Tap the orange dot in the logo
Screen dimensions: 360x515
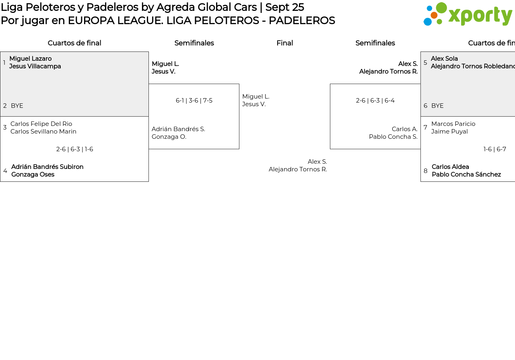click(x=434, y=15)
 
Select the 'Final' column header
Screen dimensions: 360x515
click(x=284, y=43)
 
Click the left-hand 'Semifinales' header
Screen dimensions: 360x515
click(x=194, y=43)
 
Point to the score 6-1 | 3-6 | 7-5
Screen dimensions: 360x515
click(x=194, y=101)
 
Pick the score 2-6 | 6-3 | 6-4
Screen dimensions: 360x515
click(x=375, y=101)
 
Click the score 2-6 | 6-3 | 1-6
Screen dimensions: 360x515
click(x=74, y=149)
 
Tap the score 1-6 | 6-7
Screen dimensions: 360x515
click(x=494, y=149)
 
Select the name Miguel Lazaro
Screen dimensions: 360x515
click(x=31, y=59)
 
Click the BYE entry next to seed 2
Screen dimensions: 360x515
click(x=17, y=106)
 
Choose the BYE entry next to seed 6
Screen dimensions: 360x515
click(x=437, y=106)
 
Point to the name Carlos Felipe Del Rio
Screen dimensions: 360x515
click(x=41, y=124)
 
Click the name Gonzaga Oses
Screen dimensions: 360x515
click(x=33, y=175)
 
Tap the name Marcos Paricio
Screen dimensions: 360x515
click(x=453, y=124)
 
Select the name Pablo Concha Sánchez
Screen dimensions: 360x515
click(x=466, y=175)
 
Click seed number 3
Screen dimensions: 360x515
click(x=5, y=128)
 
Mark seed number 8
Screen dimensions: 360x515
click(x=425, y=171)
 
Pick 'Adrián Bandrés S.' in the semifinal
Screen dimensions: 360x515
click(x=178, y=129)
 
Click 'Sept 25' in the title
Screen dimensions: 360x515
click(x=284, y=7)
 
